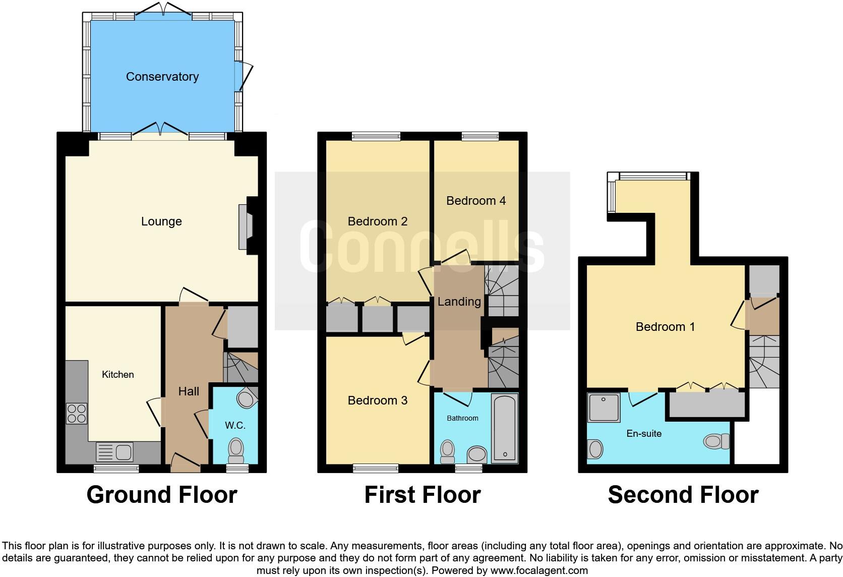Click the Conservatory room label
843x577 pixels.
[x=162, y=77]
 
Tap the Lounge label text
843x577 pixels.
[x=161, y=221]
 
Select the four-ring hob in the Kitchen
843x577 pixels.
[x=77, y=414]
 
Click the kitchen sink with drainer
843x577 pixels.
[x=114, y=451]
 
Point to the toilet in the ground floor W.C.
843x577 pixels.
[x=235, y=450]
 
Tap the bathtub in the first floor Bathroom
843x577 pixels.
[x=504, y=428]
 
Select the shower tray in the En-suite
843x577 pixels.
[x=604, y=408]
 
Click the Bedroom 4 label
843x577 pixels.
[x=476, y=201]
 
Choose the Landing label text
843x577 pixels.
[x=459, y=302]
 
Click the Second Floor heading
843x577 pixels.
[x=683, y=495]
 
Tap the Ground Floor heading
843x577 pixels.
[x=161, y=495]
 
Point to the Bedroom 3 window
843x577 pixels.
[x=376, y=469]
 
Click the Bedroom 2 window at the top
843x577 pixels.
[x=376, y=136]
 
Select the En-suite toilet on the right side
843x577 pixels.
[x=717, y=442]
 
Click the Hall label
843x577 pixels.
[x=189, y=391]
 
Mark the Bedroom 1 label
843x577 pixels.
[x=665, y=327]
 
